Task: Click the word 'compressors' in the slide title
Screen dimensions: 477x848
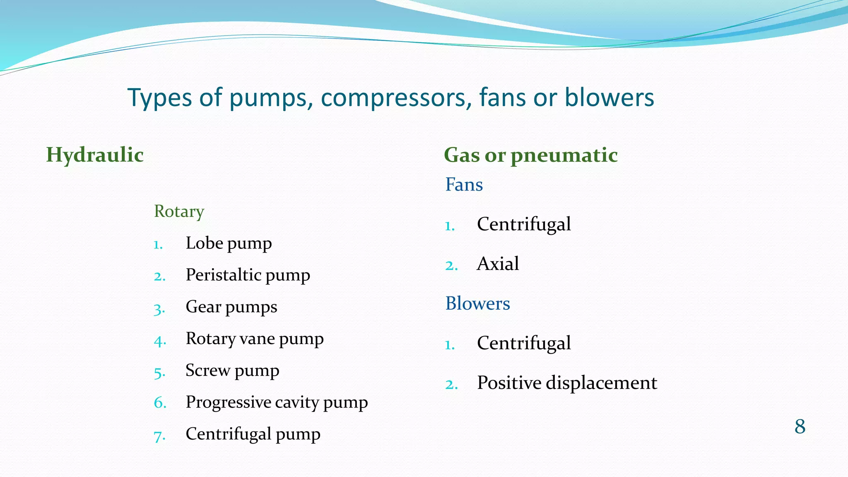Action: (x=396, y=99)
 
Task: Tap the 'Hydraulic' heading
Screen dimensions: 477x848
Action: (x=95, y=155)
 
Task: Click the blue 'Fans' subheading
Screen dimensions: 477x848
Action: (x=464, y=185)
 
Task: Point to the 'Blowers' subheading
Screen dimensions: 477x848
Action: (x=477, y=304)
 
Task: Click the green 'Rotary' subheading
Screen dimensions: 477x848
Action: (x=179, y=212)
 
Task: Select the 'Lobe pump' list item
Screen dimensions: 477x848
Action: (x=229, y=243)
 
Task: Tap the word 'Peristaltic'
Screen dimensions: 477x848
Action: (x=223, y=275)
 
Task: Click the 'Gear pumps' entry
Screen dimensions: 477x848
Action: (x=231, y=307)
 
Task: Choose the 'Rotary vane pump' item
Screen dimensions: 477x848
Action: (x=254, y=339)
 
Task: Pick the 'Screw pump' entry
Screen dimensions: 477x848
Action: (x=232, y=371)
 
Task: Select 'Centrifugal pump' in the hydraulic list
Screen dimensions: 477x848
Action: (x=253, y=434)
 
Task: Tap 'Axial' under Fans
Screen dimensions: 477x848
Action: (x=498, y=264)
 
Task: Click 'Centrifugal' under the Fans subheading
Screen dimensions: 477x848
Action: (x=524, y=224)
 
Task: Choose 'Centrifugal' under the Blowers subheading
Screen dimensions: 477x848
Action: (x=524, y=343)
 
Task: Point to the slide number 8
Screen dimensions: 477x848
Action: (x=800, y=426)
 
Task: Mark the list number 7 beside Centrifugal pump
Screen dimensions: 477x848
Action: (x=159, y=436)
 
